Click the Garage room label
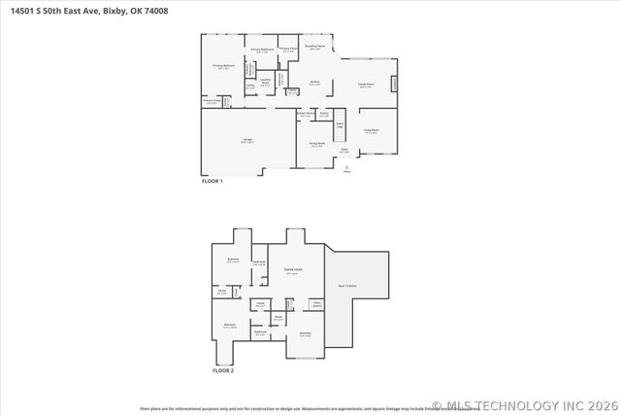[247, 142]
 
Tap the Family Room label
[365, 86]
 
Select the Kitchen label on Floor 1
[315, 83]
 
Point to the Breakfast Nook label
[313, 47]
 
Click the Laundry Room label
[265, 82]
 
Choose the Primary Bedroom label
[223, 67]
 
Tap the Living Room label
[371, 130]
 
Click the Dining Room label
[316, 145]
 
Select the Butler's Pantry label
[304, 115]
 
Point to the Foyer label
[344, 151]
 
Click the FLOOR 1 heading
[212, 181]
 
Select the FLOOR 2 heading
[223, 370]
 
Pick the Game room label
[292, 269]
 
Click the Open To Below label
[347, 286]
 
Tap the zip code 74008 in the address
[141, 12]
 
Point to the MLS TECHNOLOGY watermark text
[525, 405]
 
